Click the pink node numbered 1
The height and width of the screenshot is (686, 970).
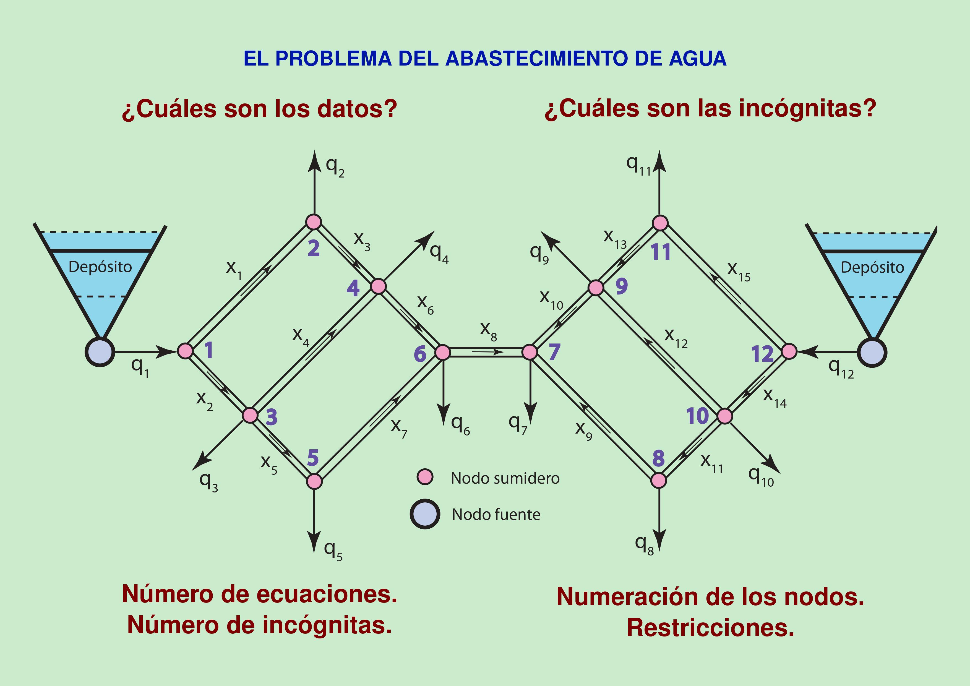pos(185,351)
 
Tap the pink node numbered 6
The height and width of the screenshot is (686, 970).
pos(442,352)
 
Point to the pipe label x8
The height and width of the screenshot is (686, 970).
pos(488,331)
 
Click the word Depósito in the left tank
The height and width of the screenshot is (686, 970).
pos(100,267)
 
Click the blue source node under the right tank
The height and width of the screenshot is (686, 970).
pos(872,352)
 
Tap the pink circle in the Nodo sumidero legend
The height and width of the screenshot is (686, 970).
pos(425,477)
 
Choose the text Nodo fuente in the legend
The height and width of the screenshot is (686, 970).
pos(496,515)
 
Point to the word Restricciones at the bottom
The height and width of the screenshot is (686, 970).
pos(710,628)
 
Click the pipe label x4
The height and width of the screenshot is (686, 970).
pos(301,336)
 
